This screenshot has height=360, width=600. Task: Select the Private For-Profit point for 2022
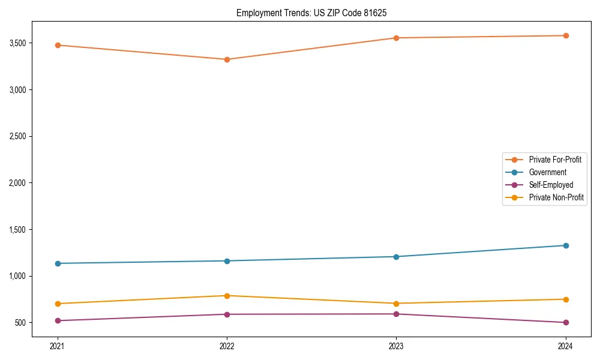click(227, 59)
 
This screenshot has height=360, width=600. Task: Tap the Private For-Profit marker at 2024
click(566, 35)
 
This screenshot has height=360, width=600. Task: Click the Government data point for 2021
click(58, 263)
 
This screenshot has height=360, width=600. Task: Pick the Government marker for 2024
click(566, 245)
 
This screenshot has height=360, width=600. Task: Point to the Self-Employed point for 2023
click(396, 314)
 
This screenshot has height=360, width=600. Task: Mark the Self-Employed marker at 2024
click(566, 322)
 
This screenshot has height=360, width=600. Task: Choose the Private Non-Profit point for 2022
click(227, 296)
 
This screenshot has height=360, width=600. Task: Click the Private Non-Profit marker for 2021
click(58, 304)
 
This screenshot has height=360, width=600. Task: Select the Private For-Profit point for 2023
click(396, 38)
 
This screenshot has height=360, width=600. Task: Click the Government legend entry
click(547, 172)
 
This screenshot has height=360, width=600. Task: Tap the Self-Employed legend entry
click(551, 185)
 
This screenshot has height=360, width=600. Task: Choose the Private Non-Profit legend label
click(556, 197)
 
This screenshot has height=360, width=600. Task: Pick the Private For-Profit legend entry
click(555, 160)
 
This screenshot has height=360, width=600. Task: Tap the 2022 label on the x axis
click(227, 346)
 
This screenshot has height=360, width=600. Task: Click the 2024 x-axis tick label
click(566, 346)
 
